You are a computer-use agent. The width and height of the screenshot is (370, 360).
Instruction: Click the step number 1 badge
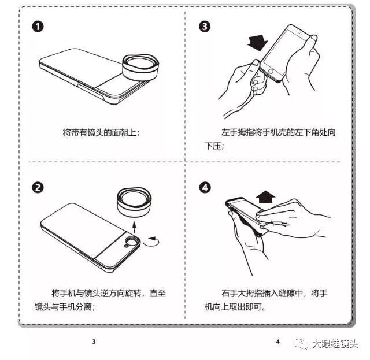pos(38,27)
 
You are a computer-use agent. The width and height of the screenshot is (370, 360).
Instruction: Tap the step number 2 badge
pos(38,188)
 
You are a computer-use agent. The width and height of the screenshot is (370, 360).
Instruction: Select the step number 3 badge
pos(205,26)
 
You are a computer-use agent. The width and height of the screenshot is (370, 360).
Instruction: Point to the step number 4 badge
pos(205,188)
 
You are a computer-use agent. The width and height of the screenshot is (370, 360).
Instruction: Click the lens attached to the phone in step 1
pos(140,67)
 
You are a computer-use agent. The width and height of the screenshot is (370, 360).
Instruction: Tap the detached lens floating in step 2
pos(134,202)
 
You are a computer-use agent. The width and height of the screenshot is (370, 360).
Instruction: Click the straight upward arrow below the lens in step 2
pos(134,227)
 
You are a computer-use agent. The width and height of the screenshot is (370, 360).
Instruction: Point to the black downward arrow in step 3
pos(257,42)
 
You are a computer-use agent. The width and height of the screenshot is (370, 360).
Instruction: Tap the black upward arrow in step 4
pos(266,196)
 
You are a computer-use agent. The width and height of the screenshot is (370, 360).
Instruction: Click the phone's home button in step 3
pos(271,72)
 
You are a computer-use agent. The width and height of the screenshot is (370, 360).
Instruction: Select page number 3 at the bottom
pos(94,342)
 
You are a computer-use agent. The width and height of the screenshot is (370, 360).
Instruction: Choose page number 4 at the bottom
pos(277,342)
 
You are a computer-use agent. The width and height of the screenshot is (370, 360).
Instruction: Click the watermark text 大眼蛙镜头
pos(335,344)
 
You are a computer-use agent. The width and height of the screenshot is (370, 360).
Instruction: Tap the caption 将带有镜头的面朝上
pos(99,132)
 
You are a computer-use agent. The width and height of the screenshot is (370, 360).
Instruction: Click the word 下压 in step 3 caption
pos(212,146)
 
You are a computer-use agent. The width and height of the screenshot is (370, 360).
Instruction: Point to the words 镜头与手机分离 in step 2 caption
pos(63,307)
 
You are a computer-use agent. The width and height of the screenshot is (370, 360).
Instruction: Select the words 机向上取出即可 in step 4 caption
pos(233,307)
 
